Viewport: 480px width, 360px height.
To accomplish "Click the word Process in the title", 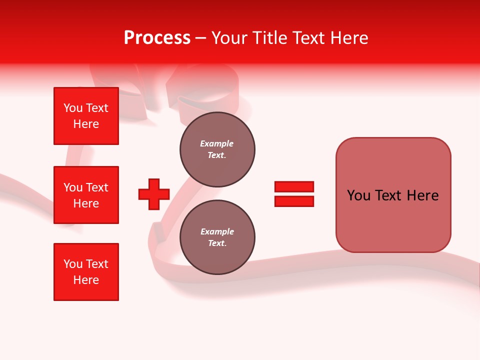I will point(157,38).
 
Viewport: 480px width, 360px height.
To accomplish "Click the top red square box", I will point(86,116).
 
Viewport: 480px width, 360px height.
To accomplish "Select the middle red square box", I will point(86,195).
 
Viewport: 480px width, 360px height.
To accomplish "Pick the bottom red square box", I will point(86,272).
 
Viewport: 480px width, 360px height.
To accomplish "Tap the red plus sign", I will point(154,194).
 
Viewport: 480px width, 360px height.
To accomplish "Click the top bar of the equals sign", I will point(294,186).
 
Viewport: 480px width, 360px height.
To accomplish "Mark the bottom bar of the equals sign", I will point(294,201).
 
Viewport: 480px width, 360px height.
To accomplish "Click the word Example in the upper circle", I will point(216,143).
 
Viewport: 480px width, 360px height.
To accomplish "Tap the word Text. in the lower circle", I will point(217,243).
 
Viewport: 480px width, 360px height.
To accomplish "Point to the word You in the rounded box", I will point(358,195).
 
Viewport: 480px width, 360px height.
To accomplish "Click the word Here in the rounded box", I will point(422,195).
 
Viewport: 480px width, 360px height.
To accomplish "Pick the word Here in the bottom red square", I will point(86,280).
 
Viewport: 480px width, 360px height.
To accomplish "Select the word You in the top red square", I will point(72,108).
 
